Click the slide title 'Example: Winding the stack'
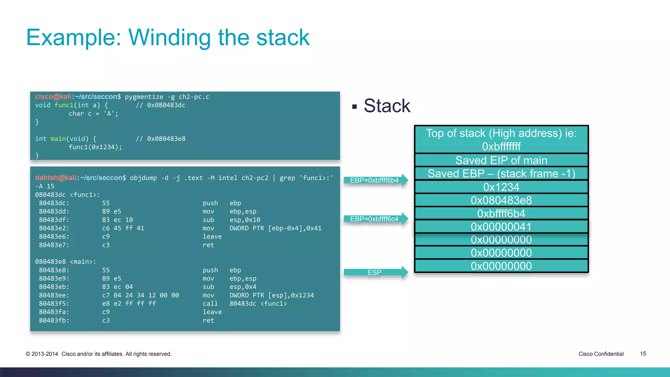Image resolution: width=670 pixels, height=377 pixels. (167, 37)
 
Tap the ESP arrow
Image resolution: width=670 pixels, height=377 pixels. (375, 272)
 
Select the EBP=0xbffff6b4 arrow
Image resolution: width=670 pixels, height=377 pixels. (375, 180)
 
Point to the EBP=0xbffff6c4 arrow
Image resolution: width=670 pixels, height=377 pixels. (375, 219)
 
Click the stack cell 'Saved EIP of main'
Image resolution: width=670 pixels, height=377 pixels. (501, 160)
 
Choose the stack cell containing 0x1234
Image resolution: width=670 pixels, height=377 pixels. (501, 187)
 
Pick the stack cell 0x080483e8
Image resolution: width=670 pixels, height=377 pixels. (501, 200)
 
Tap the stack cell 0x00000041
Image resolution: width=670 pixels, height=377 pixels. (501, 226)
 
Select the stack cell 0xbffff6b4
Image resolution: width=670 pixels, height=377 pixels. (501, 213)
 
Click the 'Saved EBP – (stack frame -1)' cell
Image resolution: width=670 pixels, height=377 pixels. (501, 173)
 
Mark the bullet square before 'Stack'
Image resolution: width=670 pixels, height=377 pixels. (354, 107)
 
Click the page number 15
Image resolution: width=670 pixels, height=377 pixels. (643, 354)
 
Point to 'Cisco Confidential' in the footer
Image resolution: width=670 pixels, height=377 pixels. (601, 354)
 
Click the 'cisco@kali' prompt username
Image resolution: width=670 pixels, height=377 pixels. (53, 97)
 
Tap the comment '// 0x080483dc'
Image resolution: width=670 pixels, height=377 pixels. (161, 105)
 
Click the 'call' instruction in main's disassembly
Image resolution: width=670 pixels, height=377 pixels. (210, 304)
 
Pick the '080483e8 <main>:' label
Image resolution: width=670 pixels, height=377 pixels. (65, 262)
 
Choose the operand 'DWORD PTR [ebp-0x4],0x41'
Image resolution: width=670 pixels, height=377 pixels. (275, 228)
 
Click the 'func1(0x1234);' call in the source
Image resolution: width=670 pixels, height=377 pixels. (95, 147)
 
